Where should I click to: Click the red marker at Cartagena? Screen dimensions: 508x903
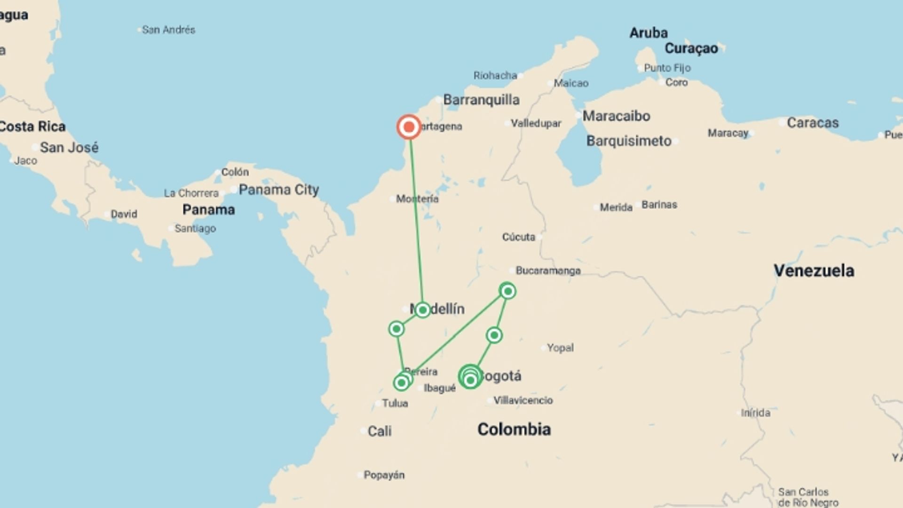pos(409,127)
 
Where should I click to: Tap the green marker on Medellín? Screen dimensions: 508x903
pos(422,310)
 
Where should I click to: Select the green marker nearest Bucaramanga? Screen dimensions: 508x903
pos(507,291)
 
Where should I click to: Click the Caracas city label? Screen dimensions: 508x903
pos(812,123)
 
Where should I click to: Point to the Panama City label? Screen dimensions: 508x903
pos(278,190)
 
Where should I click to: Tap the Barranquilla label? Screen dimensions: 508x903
pos(481,100)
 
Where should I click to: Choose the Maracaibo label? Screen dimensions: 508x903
pos(616,116)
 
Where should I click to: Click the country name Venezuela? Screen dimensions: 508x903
pos(814,270)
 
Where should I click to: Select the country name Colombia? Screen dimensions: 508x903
pos(514,429)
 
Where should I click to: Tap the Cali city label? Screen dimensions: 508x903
pos(379,431)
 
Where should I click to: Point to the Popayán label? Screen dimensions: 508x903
pos(384,475)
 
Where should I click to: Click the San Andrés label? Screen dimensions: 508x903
pos(168,30)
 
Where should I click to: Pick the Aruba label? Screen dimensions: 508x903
pos(649,33)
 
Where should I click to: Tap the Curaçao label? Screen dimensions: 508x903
pos(691,48)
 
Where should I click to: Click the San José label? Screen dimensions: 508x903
pos(69,147)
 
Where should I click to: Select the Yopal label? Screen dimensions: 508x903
pos(560,348)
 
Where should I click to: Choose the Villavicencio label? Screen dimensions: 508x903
pos(523,400)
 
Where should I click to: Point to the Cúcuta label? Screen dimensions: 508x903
pos(518,237)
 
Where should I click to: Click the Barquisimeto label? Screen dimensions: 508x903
pos(629,141)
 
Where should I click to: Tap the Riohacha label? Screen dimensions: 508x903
pos(495,75)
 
